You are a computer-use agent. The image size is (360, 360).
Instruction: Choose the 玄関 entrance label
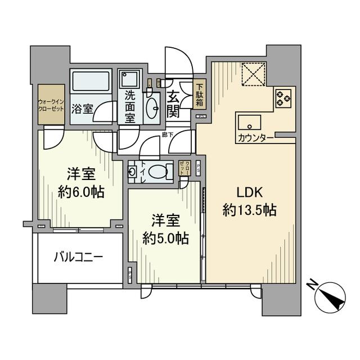point(174,103)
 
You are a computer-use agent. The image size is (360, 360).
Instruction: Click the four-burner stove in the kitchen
point(283,98)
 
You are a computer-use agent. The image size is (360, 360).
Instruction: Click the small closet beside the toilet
point(184,168)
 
